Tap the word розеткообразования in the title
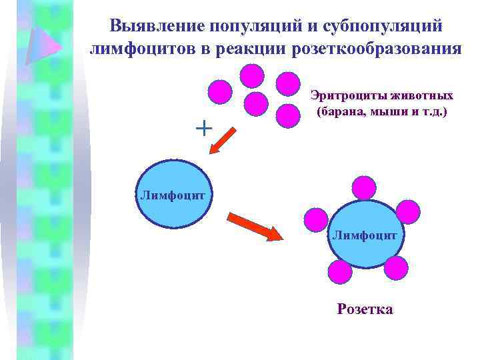[x=384, y=49]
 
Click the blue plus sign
[x=203, y=127]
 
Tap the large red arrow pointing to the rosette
[x=256, y=227]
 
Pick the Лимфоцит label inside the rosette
[x=364, y=235]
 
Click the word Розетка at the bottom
[x=365, y=309]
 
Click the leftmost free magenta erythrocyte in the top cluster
[x=220, y=91]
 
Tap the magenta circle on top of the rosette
[x=364, y=187]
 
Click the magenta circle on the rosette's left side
[x=315, y=218]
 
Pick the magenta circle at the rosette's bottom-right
[x=396, y=267]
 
